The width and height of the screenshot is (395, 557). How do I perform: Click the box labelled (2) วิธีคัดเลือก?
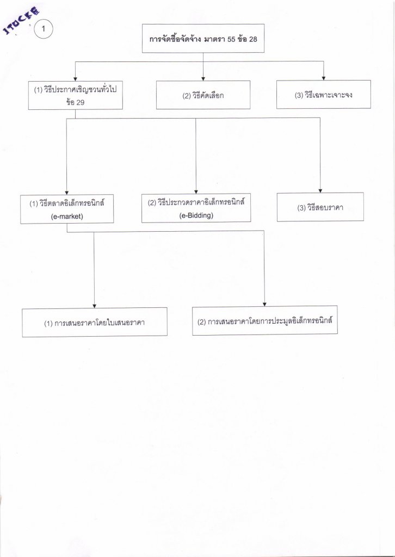coord(203,95)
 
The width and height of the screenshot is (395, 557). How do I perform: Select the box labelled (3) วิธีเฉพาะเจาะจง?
coord(323,95)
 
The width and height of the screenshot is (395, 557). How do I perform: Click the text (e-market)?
coord(66,215)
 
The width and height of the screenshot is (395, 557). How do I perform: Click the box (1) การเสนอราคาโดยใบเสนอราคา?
coord(95,323)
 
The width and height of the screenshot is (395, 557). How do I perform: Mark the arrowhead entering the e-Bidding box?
coord(196,190)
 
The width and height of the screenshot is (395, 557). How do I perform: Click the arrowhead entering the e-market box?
coord(66,191)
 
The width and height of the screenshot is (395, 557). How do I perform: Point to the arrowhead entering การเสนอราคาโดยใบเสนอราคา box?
coord(95,306)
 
